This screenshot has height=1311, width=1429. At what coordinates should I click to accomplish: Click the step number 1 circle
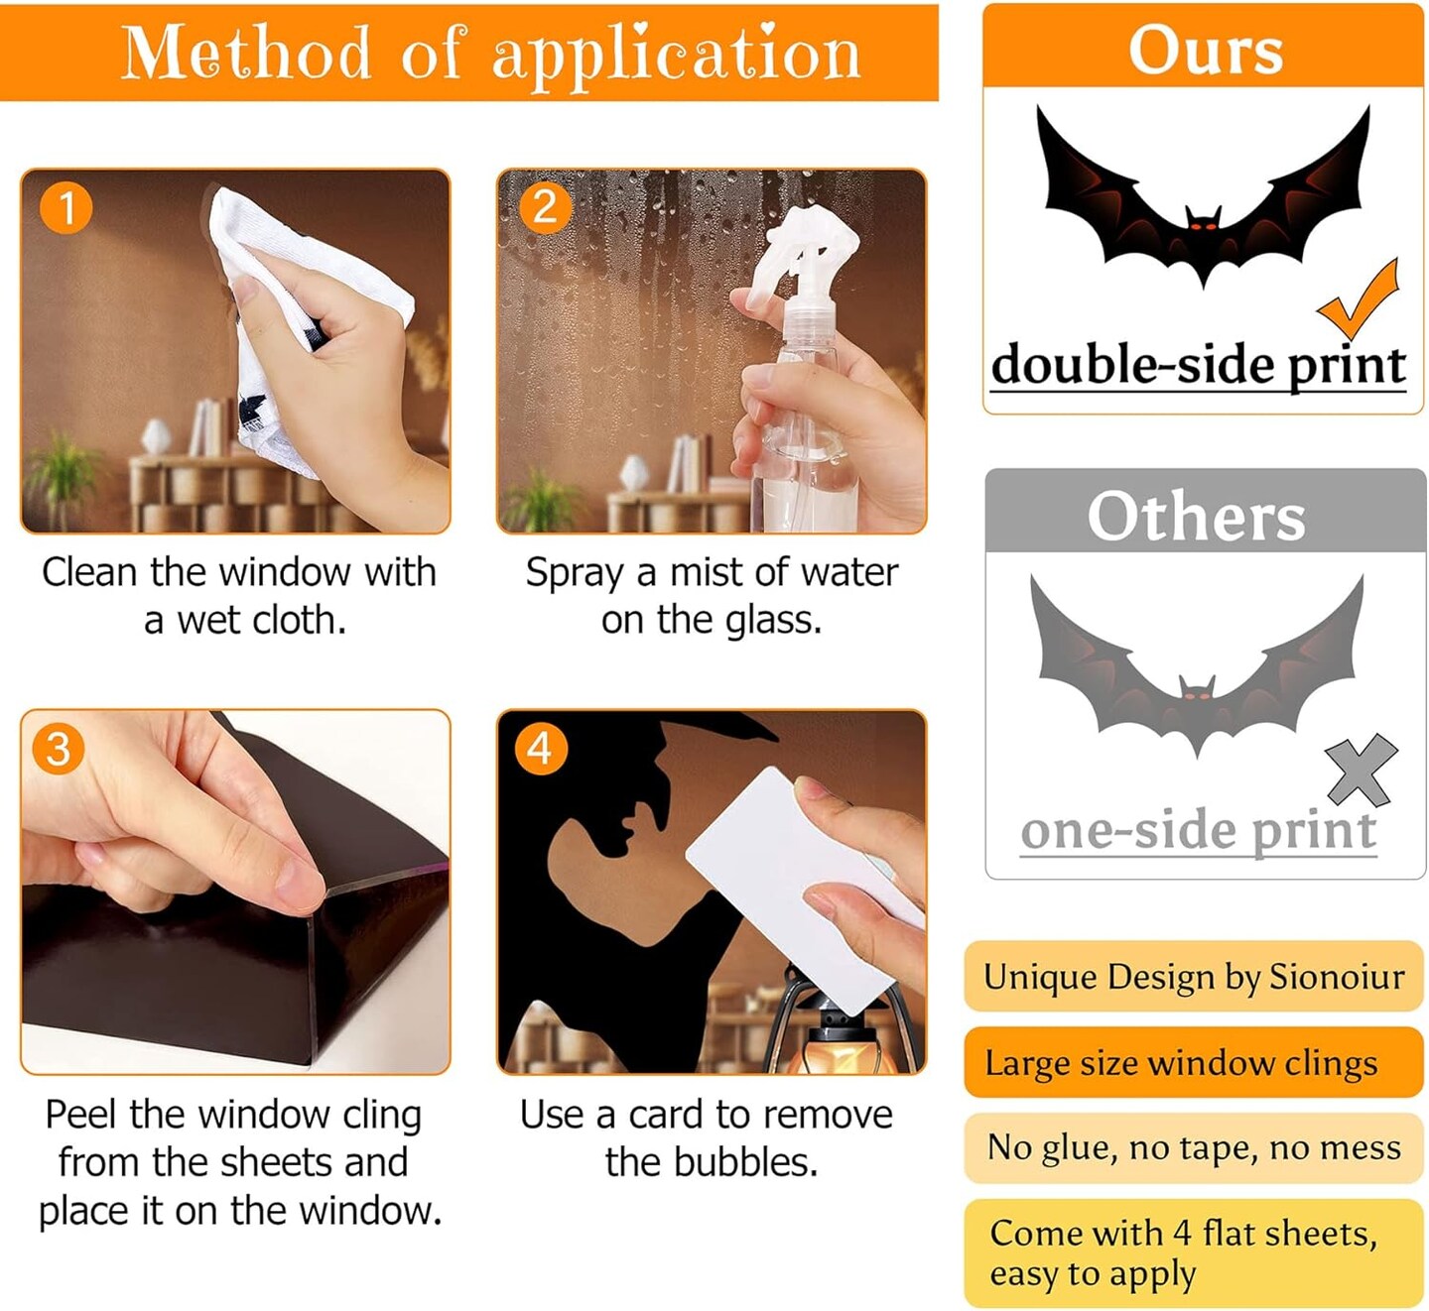[x=65, y=208]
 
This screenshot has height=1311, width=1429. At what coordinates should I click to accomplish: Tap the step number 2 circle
[x=545, y=208]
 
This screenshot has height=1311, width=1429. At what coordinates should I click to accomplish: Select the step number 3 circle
[x=59, y=749]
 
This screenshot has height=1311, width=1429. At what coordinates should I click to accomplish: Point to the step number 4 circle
[x=540, y=749]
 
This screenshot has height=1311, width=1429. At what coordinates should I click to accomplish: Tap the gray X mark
[x=1361, y=771]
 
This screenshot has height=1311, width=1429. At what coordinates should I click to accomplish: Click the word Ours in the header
[x=1206, y=50]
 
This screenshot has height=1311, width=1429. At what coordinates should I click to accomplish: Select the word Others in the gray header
[x=1197, y=517]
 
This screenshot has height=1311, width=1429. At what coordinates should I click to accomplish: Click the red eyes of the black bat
[x=1204, y=226]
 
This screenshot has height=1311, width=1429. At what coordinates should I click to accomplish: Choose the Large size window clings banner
[x=1194, y=1062]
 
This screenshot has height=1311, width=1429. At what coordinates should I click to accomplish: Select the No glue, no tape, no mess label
[x=1194, y=1148]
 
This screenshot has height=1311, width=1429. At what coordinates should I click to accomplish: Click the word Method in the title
[x=246, y=53]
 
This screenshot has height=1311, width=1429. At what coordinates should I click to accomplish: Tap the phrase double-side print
[x=1198, y=365]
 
